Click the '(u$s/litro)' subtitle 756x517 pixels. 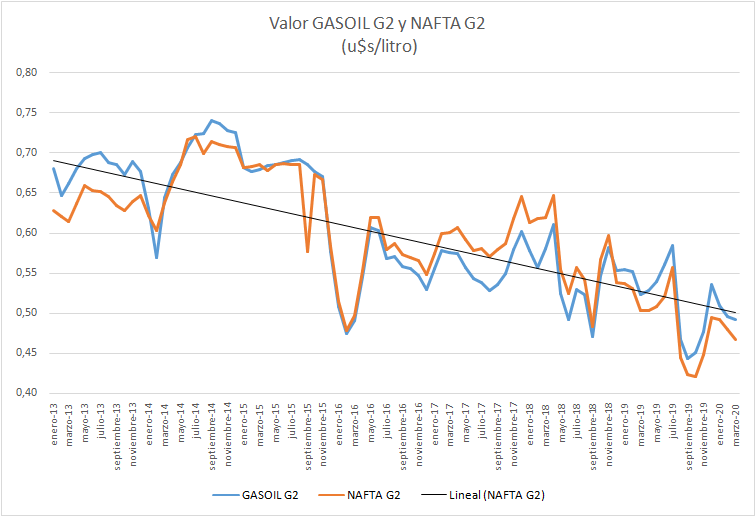click(377, 46)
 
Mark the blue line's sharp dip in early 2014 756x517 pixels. click(157, 257)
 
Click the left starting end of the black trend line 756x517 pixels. click(54, 160)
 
